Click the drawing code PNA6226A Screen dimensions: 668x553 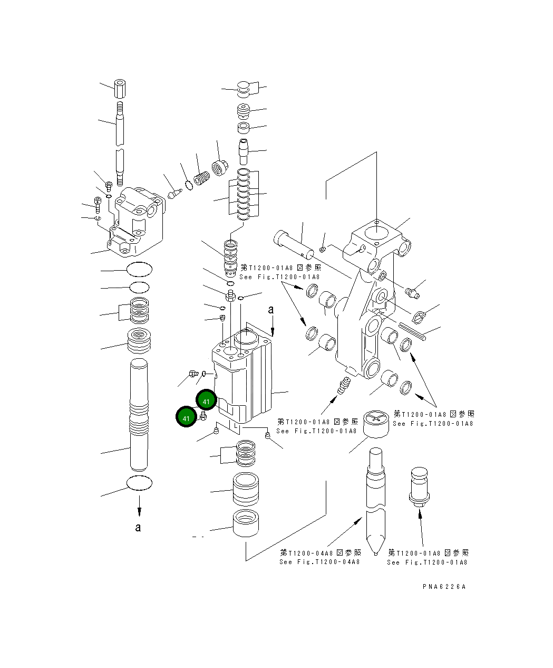[x=444, y=586]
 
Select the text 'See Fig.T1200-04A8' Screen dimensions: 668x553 [x=319, y=562]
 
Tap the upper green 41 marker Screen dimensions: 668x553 [x=206, y=402]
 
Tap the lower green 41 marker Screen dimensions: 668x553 [x=186, y=418]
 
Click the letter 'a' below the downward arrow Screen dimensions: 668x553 [x=138, y=527]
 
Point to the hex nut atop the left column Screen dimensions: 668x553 [x=121, y=88]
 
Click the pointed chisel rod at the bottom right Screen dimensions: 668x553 [x=375, y=501]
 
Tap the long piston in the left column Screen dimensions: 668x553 [x=140, y=414]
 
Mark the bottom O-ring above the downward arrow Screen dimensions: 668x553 [x=140, y=482]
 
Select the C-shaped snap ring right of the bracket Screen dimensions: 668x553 [x=420, y=317]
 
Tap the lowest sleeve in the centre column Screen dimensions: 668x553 [x=246, y=523]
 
